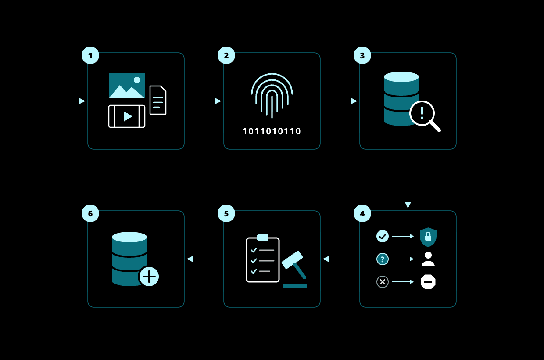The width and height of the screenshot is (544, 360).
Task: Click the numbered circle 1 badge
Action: point(90,55)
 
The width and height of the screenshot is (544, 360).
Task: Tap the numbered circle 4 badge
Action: point(362,213)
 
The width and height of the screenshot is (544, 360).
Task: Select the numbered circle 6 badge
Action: point(90,213)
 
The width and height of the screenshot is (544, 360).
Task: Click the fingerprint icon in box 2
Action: point(272,95)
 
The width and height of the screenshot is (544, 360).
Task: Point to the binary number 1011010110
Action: point(272,131)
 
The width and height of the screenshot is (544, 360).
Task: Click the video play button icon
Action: point(127,116)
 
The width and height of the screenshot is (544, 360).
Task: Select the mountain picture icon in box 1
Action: point(127,86)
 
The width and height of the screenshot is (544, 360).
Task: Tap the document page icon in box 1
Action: point(158,100)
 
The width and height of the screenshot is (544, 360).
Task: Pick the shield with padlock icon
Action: point(428,237)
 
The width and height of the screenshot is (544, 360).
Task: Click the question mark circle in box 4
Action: point(383,259)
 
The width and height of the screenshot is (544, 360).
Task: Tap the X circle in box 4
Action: point(383,282)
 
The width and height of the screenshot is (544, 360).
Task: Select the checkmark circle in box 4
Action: point(383,236)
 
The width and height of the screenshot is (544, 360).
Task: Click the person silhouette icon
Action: point(428,259)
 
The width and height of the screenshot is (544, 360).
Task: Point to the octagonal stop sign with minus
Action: point(428,282)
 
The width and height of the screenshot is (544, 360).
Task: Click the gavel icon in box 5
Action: point(294,269)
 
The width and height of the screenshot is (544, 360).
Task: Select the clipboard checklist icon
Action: point(263,259)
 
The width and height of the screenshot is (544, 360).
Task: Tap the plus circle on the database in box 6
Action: point(149,277)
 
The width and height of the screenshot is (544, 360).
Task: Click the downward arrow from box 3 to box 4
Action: point(408,180)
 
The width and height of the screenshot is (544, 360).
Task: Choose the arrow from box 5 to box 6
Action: point(204,259)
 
